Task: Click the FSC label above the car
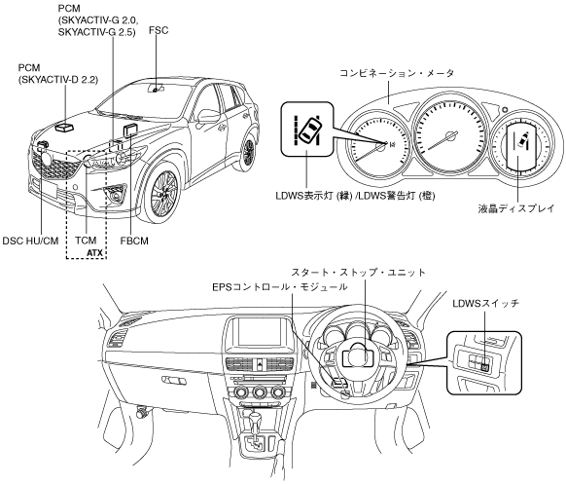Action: [159, 30]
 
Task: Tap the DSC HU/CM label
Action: [30, 241]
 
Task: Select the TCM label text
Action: [86, 241]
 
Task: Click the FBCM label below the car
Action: [134, 241]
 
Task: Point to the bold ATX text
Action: [95, 253]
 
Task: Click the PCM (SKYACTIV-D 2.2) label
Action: [58, 73]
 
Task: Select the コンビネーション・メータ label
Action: [397, 73]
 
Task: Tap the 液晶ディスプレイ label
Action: [515, 208]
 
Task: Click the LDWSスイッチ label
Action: [486, 303]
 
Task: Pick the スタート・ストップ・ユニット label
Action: [359, 272]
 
